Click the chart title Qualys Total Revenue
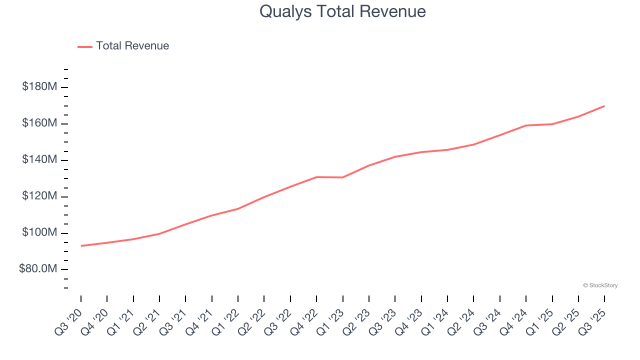click(x=342, y=11)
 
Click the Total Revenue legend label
click(x=132, y=46)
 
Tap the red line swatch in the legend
click(x=85, y=46)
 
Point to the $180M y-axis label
click(x=39, y=87)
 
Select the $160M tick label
click(x=39, y=123)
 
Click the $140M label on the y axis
click(x=39, y=160)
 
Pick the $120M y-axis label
click(x=39, y=196)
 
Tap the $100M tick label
click(x=39, y=233)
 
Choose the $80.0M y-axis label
click(x=38, y=269)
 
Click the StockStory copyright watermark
click(x=600, y=285)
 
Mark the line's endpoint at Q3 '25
click(x=604, y=106)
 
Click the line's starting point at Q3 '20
click(x=81, y=245)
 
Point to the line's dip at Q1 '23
click(x=343, y=177)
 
